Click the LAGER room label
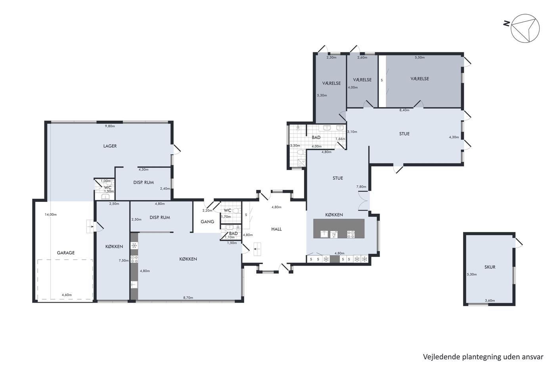(x=110, y=146)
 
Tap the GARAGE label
(x=66, y=253)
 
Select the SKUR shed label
(x=490, y=267)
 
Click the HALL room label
(x=276, y=229)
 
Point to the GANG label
(x=207, y=222)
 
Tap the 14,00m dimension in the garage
(x=51, y=215)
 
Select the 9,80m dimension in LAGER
(x=110, y=126)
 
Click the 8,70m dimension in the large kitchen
(x=188, y=298)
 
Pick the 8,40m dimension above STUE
(x=404, y=110)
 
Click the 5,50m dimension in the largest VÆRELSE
(x=420, y=58)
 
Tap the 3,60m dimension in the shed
(x=490, y=301)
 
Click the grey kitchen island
(x=339, y=228)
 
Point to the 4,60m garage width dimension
(x=67, y=295)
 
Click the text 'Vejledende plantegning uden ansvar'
(x=483, y=357)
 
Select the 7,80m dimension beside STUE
(x=361, y=187)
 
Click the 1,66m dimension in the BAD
(x=341, y=139)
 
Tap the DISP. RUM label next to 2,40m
(x=144, y=182)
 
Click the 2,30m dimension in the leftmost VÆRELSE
(x=331, y=58)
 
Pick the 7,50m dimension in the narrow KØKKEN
(x=124, y=261)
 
